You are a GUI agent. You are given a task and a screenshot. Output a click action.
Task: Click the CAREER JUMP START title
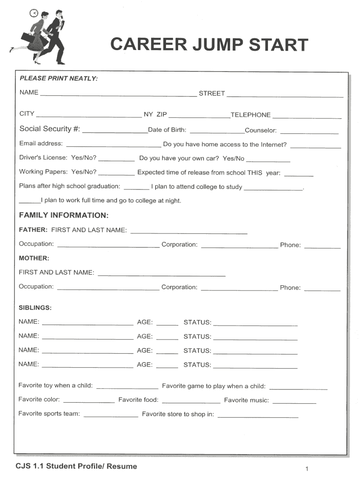[209, 45]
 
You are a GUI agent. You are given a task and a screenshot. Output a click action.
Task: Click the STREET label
[212, 94]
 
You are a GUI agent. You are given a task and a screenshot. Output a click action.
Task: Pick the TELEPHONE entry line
[307, 117]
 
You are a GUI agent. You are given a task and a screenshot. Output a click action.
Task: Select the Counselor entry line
[309, 132]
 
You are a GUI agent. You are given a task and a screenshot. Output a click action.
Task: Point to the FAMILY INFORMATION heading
[64, 215]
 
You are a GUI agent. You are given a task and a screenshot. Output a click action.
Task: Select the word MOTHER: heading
[34, 258]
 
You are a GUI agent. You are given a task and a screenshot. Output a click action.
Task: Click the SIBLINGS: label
[35, 308]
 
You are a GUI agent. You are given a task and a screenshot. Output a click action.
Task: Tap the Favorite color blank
[89, 401]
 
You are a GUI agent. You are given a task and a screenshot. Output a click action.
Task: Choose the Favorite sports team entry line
[111, 415]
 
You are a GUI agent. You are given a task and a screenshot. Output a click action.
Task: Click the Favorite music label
[246, 400]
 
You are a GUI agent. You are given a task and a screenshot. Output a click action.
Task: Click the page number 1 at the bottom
[306, 468]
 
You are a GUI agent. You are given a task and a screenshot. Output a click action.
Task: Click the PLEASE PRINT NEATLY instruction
[58, 79]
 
